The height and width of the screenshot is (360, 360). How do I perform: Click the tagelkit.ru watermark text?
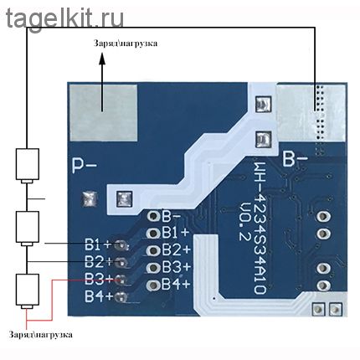64,18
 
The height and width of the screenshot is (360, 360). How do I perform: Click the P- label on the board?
85,165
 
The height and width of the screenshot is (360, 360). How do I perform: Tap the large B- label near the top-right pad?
296,159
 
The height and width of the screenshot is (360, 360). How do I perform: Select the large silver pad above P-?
103,112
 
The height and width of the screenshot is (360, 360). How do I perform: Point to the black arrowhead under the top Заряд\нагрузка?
102,59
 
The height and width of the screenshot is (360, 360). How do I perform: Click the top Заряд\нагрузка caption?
126,44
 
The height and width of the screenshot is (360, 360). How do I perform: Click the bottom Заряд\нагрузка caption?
41,335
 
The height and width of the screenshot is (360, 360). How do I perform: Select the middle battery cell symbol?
27,229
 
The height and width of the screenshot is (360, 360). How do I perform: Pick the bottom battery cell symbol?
27,291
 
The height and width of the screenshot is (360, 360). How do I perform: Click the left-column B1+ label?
98,244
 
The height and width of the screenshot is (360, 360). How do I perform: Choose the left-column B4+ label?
99,296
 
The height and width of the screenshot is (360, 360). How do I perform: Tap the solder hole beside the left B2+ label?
121,262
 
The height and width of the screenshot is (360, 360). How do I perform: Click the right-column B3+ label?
177,267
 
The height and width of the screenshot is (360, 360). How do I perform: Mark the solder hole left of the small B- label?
153,216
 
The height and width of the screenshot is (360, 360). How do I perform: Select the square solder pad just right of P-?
89,199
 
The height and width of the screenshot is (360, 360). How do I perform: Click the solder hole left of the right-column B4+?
153,285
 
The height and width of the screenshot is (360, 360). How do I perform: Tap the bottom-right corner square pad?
336,309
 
